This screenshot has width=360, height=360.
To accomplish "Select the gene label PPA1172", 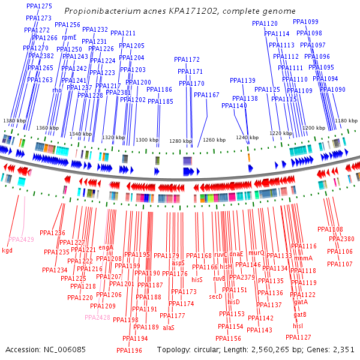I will pyautogui.click(x=187, y=59).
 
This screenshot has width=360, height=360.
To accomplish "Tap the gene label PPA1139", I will pyautogui.click(x=242, y=80).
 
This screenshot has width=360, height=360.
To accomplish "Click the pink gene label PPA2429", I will pyautogui.click(x=21, y=239).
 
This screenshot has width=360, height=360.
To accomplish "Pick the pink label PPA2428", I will pyautogui.click(x=97, y=317).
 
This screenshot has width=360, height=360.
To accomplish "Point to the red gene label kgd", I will pyautogui.click(x=7, y=250).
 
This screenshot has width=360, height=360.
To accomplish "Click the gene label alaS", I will pyautogui.click(x=168, y=328).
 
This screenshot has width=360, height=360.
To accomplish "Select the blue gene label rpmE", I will pyautogui.click(x=69, y=37).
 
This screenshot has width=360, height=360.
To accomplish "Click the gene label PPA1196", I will pyautogui.click(x=129, y=350).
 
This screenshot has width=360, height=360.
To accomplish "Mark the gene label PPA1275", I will pyautogui.click(x=39, y=5).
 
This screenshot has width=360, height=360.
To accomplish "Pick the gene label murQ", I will pyautogui.click(x=256, y=253).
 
